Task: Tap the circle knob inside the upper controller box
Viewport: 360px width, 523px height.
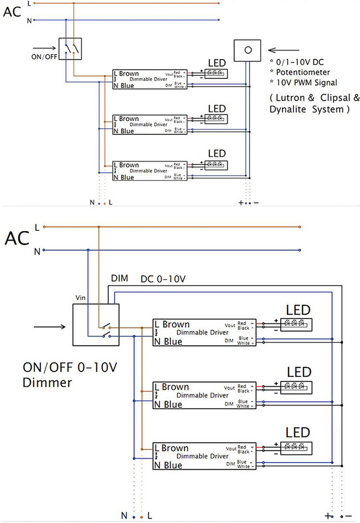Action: (248, 50)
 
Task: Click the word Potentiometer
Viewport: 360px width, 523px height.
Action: (303, 71)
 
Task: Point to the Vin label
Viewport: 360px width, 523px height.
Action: (80, 297)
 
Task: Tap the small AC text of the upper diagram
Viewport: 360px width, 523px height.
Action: (12, 12)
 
